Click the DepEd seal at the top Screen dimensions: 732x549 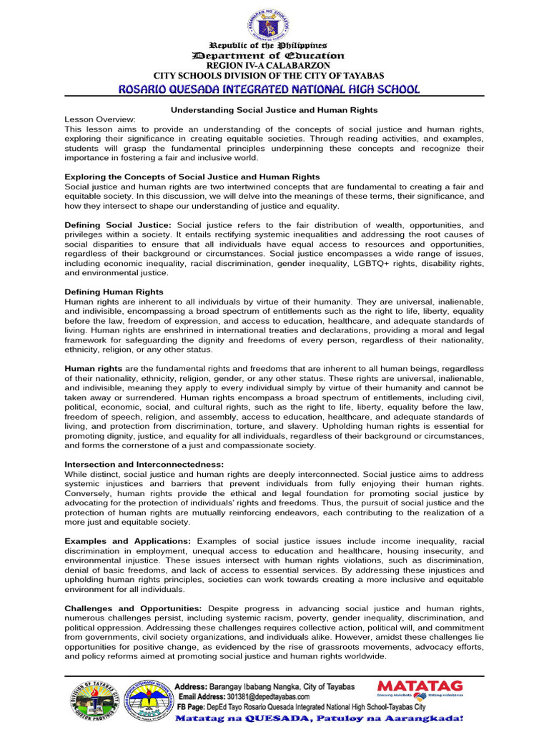[269, 21]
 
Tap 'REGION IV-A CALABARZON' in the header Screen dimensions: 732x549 [269, 66]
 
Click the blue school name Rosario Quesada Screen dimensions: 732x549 [269, 89]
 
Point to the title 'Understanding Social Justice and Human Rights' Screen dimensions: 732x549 [273, 110]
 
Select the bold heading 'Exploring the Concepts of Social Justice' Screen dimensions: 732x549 [192, 177]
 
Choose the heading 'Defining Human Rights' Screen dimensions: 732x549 [114, 292]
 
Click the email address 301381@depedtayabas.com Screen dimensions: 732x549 [264, 696]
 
